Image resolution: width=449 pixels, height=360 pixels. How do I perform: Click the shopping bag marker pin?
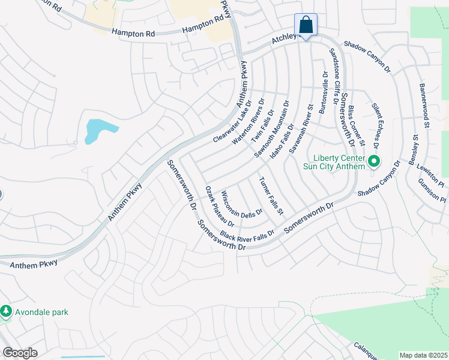pyautogui.click(x=306, y=26)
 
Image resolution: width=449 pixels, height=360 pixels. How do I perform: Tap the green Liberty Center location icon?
pyautogui.click(x=375, y=161)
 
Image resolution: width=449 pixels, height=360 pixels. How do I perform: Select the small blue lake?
pyautogui.click(x=97, y=130)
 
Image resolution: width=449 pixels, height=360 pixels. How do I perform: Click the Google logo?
pyautogui.click(x=19, y=353)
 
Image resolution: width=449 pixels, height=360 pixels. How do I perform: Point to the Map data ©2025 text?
pyautogui.click(x=423, y=355)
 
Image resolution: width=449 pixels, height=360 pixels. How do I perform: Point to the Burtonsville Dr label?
pyautogui.click(x=324, y=94)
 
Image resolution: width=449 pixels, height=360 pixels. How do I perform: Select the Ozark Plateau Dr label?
pyautogui.click(x=219, y=205)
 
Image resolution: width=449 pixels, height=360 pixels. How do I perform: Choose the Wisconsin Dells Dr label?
pyautogui.click(x=241, y=205)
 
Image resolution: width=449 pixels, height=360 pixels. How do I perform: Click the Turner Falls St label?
pyautogui.click(x=271, y=196)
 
